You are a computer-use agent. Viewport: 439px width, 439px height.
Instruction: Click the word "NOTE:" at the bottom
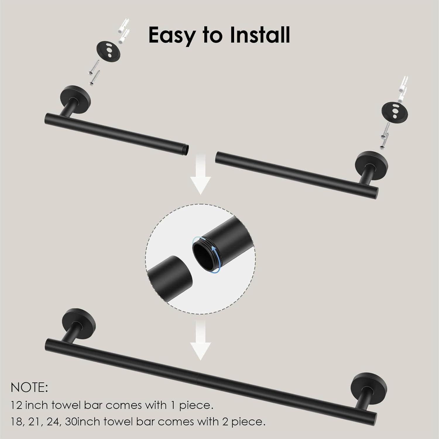tap(29, 388)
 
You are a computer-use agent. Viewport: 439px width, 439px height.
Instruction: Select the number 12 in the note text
tap(16, 405)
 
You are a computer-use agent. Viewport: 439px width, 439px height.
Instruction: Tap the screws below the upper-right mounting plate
tap(385, 135)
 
